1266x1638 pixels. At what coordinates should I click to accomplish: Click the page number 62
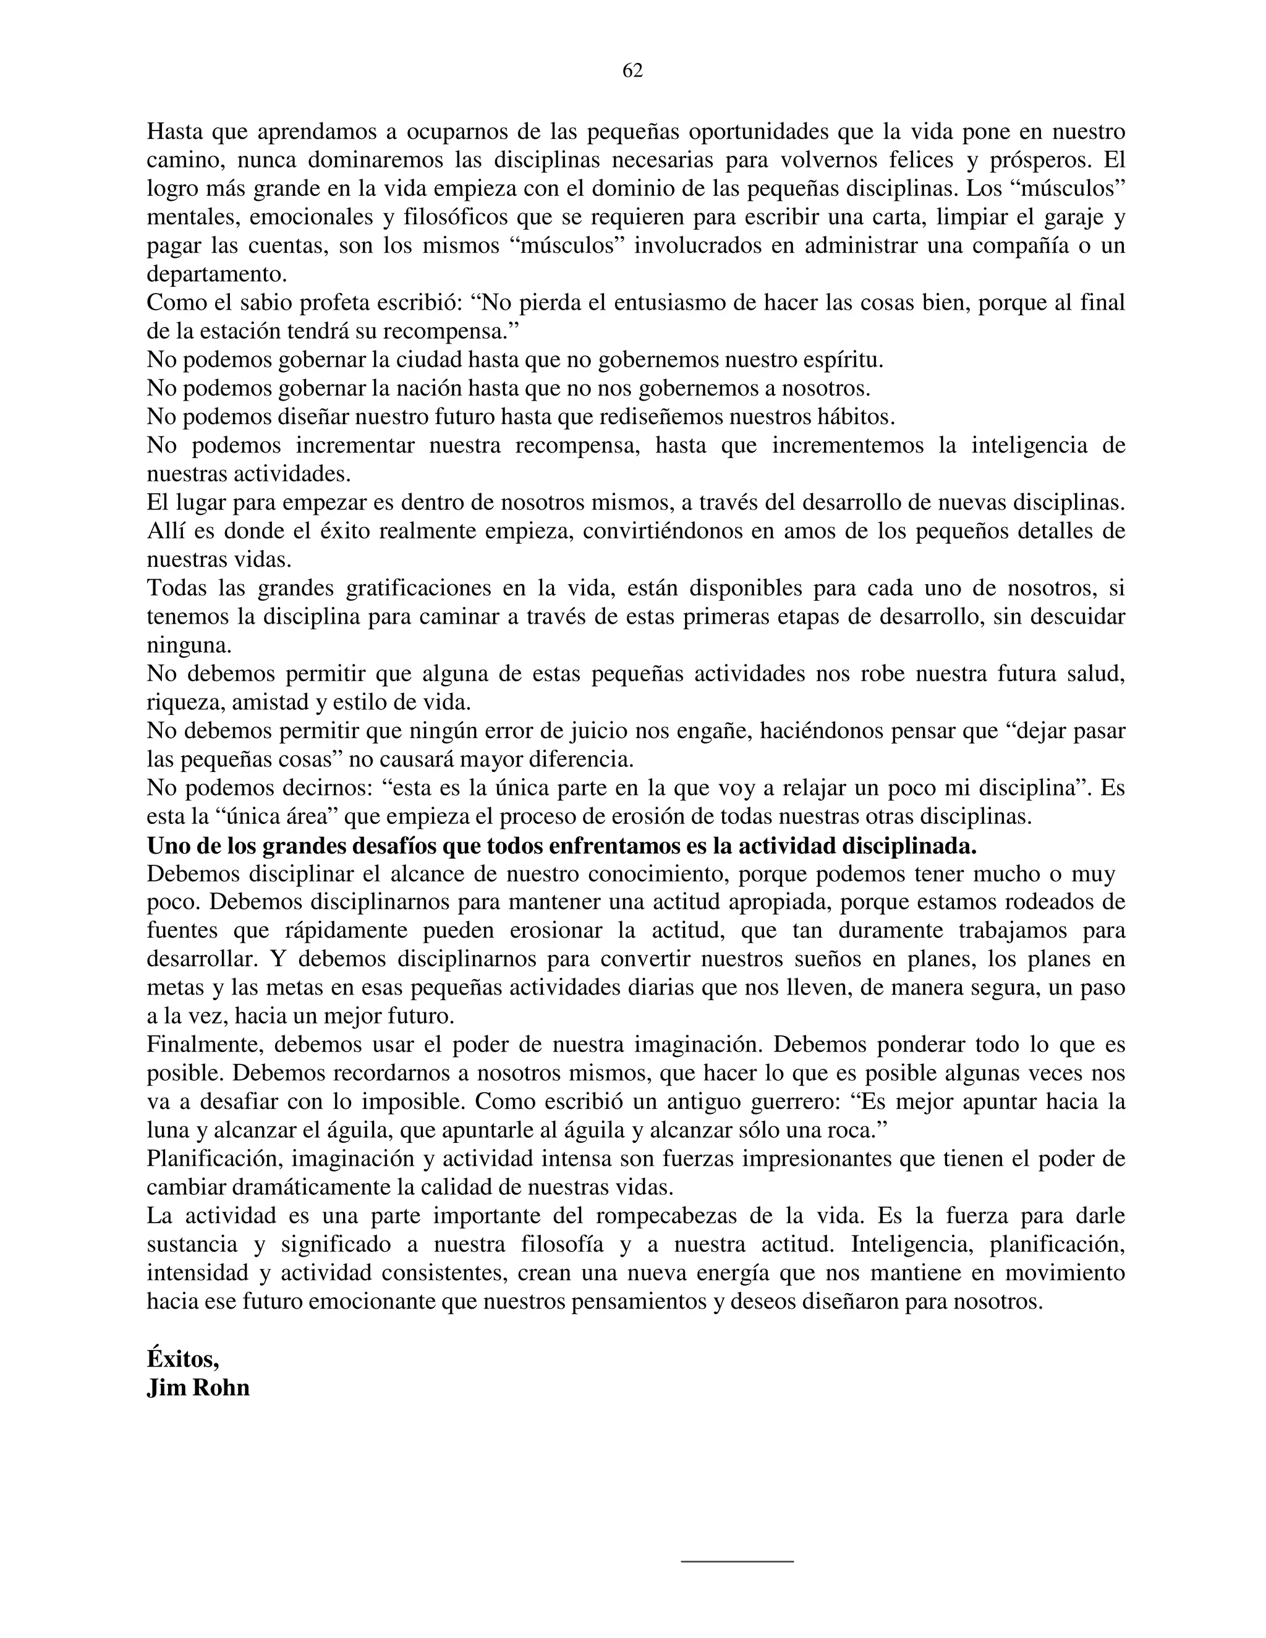pos(632,70)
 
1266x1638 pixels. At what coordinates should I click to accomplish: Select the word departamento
pos(215,274)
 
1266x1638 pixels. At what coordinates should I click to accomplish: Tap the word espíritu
pos(839,360)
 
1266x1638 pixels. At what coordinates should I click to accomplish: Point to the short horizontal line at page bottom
pos(736,1562)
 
